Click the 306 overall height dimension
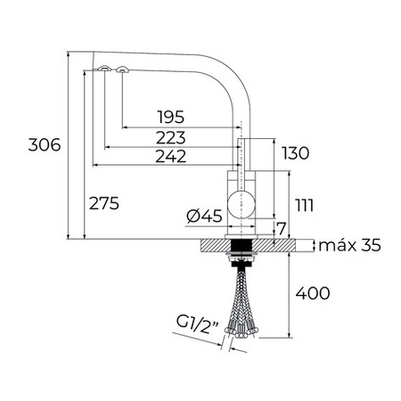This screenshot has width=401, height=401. click(45, 144)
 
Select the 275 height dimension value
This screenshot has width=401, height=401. click(104, 203)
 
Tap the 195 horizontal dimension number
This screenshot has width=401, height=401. click(171, 117)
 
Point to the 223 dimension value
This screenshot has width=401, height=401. click(171, 137)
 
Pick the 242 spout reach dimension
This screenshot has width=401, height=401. click(171, 156)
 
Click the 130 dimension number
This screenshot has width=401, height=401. click(296, 153)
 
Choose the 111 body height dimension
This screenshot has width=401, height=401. click(304, 205)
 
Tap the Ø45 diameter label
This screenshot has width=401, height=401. click(204, 216)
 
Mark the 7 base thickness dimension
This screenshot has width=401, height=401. click(281, 228)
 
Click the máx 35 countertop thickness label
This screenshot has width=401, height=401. click(349, 245)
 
